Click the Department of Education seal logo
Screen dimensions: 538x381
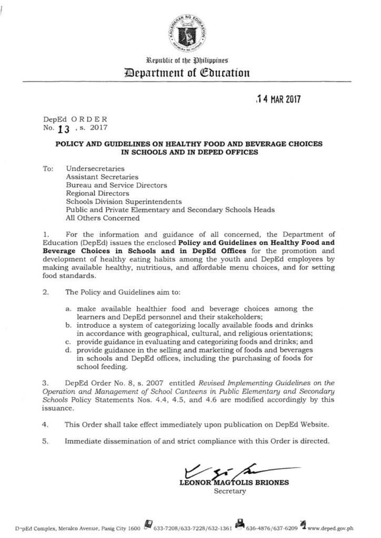(190, 33)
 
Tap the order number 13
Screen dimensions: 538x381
(65, 129)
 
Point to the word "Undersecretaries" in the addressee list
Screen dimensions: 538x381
(95, 168)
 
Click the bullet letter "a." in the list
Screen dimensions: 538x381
(69, 308)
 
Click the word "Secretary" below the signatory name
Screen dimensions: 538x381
(229, 491)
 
